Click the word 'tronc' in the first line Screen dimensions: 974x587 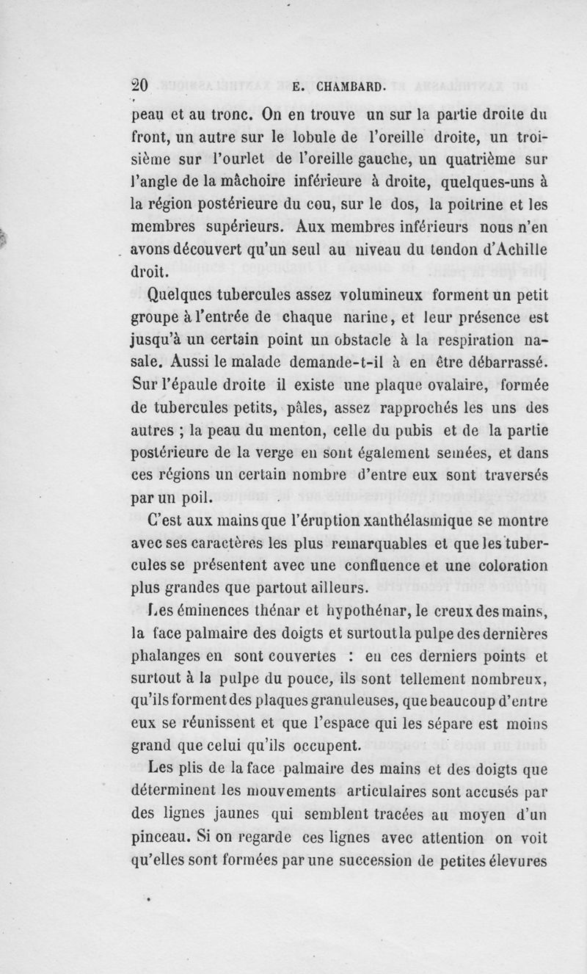tap(219, 115)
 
